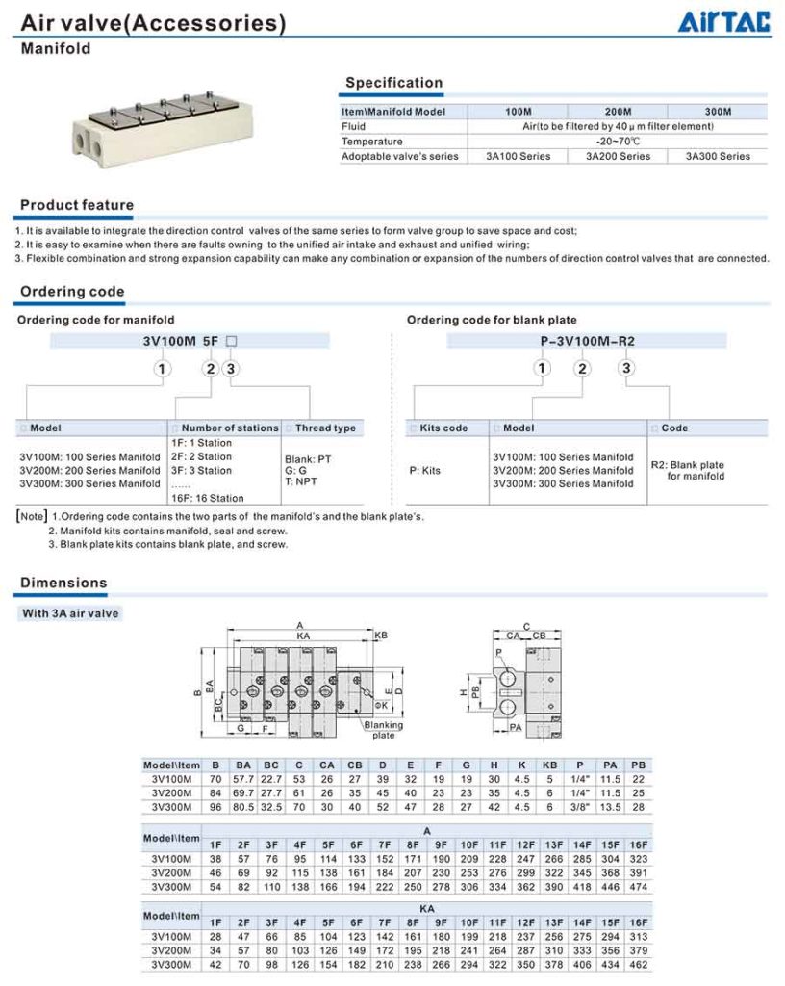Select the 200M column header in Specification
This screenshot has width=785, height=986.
point(617,112)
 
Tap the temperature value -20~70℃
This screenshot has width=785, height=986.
point(619,142)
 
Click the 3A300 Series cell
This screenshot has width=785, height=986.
point(718,156)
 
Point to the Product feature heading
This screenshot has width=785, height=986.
point(77,205)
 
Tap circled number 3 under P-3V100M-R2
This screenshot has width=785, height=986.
point(626,368)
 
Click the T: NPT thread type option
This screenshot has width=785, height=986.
point(300,481)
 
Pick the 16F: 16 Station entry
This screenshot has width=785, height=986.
point(207,498)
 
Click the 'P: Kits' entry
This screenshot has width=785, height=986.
point(426,471)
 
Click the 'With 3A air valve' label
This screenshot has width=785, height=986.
point(71,612)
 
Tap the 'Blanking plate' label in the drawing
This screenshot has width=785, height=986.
point(384,730)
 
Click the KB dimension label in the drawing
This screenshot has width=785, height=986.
point(381,636)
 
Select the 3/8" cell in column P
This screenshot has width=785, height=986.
point(579,807)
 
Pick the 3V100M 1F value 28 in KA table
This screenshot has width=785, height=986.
point(215,936)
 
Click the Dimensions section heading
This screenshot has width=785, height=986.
point(63,583)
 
